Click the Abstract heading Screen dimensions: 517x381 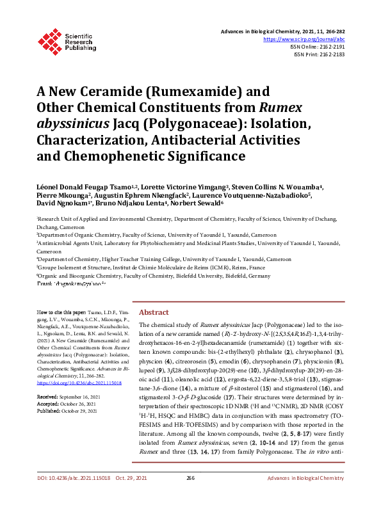pyautogui.click(x=154, y=312)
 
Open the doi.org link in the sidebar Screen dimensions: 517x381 pyautogui.click(x=69, y=365)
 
